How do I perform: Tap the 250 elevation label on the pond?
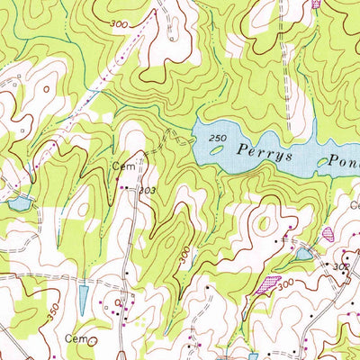click(x=213, y=135)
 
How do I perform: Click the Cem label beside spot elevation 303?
click(x=121, y=166)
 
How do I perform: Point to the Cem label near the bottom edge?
click(x=75, y=337)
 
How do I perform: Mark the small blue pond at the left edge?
click(x=18, y=203)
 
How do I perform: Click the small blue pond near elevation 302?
click(x=303, y=255)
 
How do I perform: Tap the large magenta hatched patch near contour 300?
click(x=267, y=284)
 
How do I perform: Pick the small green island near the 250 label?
click(x=217, y=149)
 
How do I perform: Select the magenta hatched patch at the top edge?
click(x=316, y=4)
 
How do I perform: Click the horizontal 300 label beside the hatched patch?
click(x=286, y=283)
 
